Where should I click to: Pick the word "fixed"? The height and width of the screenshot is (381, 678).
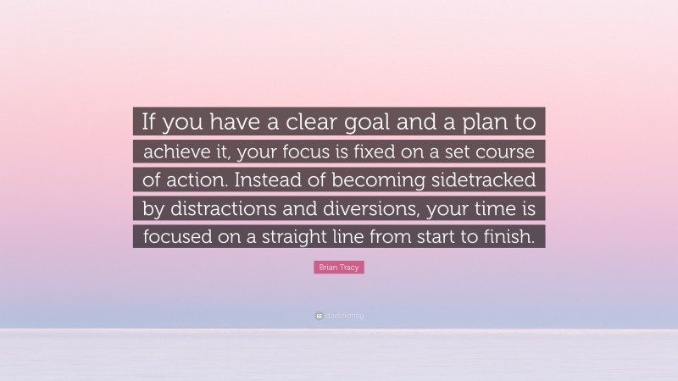click(378, 152)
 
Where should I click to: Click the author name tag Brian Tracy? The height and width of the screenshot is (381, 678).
click(339, 268)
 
